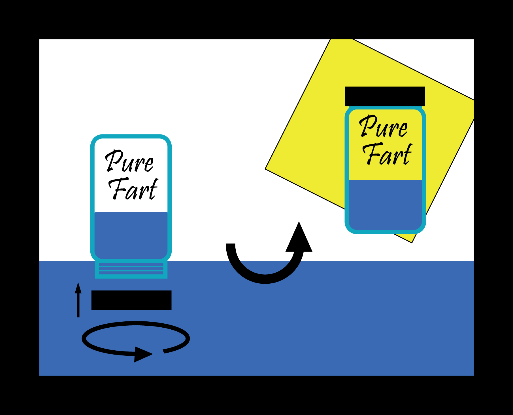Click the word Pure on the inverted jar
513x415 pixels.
(129, 161)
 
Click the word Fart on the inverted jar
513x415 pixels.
(133, 189)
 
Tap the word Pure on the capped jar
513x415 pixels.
(384, 126)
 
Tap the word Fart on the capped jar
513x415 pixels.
(387, 154)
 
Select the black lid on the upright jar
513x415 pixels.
(385, 96)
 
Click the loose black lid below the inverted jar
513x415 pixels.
(131, 300)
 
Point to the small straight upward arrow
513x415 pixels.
(78, 300)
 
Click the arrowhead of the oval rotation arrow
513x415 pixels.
(143, 354)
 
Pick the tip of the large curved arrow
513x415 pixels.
(299, 222)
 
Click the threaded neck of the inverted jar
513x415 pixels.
(131, 269)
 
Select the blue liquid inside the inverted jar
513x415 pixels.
(131, 235)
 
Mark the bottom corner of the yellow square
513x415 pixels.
(412, 243)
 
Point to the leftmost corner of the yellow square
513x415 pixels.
(265, 169)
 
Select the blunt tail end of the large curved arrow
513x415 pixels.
(231, 244)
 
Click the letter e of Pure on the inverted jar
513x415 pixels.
(149, 165)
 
